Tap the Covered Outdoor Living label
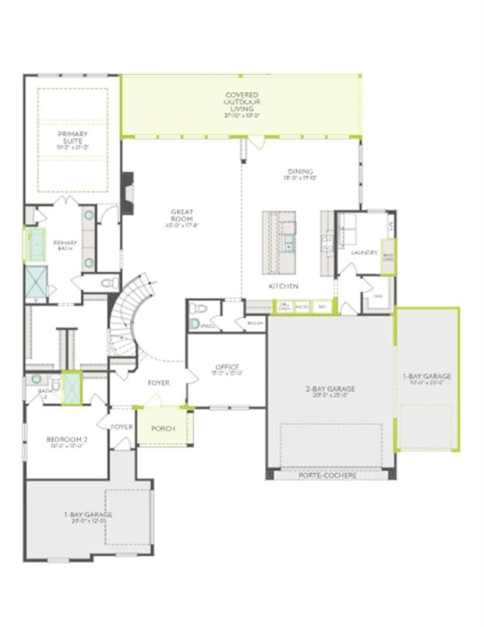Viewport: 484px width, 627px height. pos(242,102)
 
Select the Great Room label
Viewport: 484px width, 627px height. pos(183,216)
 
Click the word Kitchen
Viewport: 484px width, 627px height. pos(284,286)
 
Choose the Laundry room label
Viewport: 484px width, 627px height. pos(364,253)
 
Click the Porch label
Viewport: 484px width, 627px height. pos(163,429)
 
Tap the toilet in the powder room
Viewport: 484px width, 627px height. pos(195,323)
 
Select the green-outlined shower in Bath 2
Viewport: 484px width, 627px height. pos(71,386)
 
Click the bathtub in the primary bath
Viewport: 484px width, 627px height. pos(35,245)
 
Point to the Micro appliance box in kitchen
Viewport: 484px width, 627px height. pos(303,307)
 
